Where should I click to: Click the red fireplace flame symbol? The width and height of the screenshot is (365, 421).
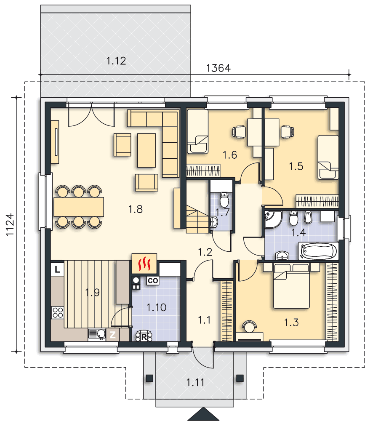(x=144, y=264)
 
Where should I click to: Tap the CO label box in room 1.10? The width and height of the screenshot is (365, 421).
(x=153, y=281)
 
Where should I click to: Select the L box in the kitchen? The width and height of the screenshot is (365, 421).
(x=58, y=269)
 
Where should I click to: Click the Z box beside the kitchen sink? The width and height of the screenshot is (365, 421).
(x=113, y=335)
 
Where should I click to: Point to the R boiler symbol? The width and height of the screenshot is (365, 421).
(x=144, y=337)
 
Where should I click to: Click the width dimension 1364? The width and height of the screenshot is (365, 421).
(x=218, y=68)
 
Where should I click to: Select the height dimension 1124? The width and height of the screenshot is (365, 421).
(x=10, y=224)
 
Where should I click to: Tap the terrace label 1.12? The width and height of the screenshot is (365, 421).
(x=116, y=61)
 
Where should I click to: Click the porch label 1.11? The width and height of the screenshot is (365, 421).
(x=195, y=382)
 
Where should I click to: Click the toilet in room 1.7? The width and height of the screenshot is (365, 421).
(x=224, y=199)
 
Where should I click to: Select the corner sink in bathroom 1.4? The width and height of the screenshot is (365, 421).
(x=273, y=219)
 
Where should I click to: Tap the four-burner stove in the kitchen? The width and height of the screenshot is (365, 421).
(x=58, y=312)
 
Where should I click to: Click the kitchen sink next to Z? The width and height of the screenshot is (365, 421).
(x=97, y=335)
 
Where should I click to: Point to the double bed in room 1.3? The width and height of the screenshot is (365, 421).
(x=291, y=286)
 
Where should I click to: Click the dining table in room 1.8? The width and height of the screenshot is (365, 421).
(x=79, y=207)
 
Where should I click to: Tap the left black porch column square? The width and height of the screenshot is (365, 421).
(x=149, y=378)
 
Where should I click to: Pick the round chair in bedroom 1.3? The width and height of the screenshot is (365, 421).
(x=249, y=326)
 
